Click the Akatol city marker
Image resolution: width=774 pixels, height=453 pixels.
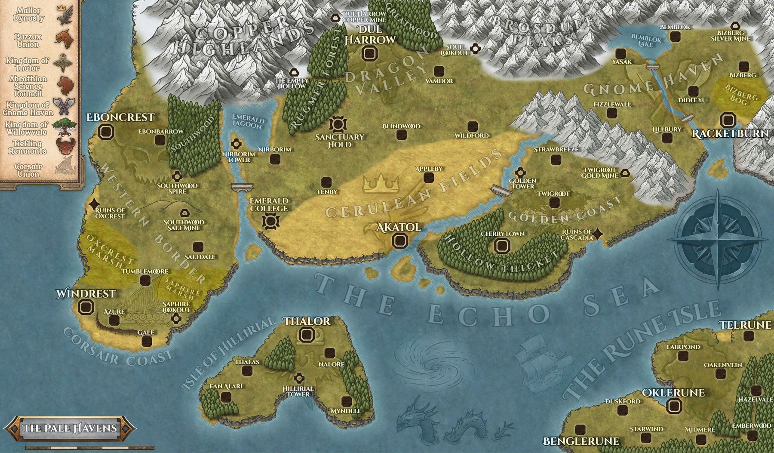point(399,240)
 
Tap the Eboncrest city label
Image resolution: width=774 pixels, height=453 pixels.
point(120,117)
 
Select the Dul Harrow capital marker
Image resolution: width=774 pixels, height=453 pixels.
point(369,54)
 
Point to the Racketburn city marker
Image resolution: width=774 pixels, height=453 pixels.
point(728,120)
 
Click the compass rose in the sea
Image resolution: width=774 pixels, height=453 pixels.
point(717,239)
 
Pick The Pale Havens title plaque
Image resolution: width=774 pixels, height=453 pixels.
point(70,428)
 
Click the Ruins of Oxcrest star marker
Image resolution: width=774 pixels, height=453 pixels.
point(94,205)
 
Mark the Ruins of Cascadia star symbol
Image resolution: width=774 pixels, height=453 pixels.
point(597,234)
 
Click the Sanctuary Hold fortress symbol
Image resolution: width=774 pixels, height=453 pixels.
point(338,124)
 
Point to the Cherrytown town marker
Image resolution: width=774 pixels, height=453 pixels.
point(501,246)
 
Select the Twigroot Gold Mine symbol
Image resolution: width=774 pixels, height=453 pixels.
point(624,173)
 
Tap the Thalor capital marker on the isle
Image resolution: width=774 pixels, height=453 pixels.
point(307,335)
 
